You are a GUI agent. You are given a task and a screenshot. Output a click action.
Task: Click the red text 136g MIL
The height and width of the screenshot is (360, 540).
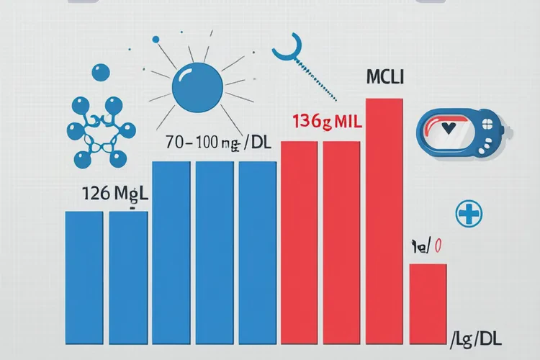click(x=327, y=122)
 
